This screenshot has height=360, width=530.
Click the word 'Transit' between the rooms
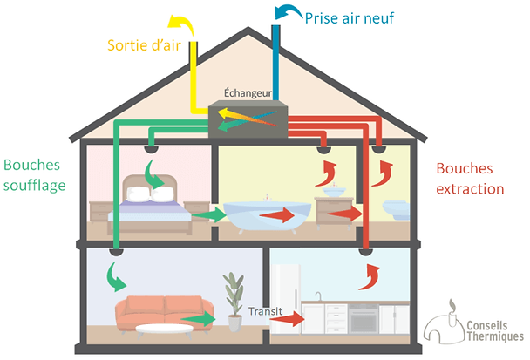(x=264, y=310)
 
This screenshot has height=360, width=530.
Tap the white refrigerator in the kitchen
(x=285, y=296)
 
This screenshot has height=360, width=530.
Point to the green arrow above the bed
(x=161, y=179)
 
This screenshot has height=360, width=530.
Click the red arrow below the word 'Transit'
(x=289, y=320)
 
